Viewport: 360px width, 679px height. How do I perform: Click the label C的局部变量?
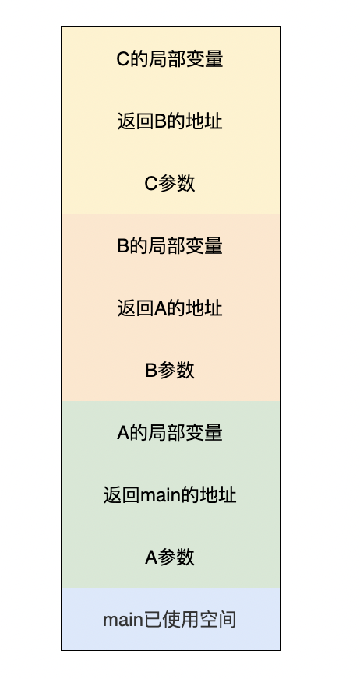coord(170,59)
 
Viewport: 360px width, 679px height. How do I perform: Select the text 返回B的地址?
coord(170,121)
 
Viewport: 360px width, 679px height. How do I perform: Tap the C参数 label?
coord(170,184)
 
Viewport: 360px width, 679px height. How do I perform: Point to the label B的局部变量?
coord(170,246)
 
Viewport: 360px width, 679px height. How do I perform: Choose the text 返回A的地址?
coord(170,308)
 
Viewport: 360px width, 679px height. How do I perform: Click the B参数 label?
coord(170,371)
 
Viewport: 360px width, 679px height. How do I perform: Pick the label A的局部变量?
coord(170,433)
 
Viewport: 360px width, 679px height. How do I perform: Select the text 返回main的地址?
coord(170,495)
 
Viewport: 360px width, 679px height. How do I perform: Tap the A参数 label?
coord(170,558)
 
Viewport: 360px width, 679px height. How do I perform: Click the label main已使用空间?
coord(170,620)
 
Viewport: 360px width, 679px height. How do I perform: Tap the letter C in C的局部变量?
coord(123,59)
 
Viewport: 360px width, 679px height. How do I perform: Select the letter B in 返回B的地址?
coord(161,121)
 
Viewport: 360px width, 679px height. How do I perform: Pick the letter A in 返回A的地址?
coord(161,309)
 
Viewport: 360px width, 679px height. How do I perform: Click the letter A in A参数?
coord(150,558)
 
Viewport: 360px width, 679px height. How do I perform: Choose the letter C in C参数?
coord(150,184)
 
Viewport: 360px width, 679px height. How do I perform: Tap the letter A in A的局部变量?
coord(123,434)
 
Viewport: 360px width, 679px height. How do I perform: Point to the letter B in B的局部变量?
coord(123,246)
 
